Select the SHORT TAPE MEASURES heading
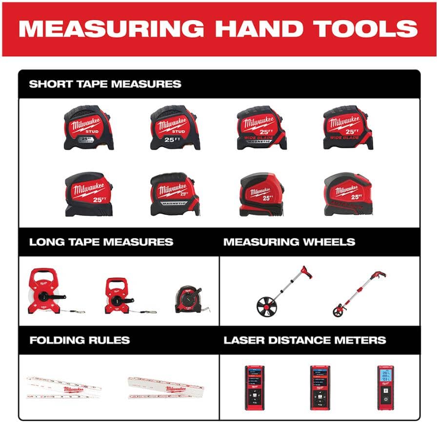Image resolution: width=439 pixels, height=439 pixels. [x=105, y=84]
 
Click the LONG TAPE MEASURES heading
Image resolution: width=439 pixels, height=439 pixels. [x=101, y=242]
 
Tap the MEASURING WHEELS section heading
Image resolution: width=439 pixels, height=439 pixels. [x=289, y=242]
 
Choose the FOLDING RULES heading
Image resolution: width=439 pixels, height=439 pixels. [x=80, y=340]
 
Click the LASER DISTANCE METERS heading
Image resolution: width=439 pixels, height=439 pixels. [x=305, y=340]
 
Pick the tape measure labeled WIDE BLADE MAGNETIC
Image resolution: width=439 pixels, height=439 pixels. [x=261, y=128]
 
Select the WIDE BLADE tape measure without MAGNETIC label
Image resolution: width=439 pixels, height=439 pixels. [x=348, y=128]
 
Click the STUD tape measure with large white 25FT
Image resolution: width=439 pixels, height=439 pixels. [x=175, y=128]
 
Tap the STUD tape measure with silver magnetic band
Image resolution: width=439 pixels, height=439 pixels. [x=88, y=128]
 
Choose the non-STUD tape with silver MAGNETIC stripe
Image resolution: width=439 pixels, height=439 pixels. [x=175, y=194]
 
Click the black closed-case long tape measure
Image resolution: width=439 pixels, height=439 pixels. [x=189, y=299]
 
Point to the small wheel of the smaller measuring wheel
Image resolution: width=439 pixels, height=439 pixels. [x=338, y=311]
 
